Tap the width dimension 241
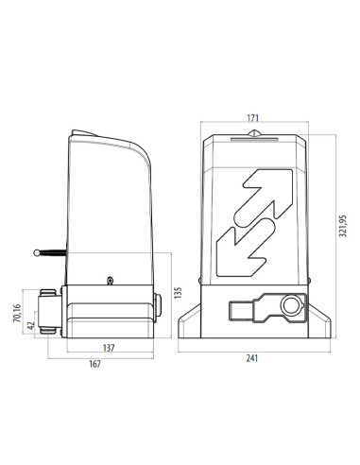[252, 357]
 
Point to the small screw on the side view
[111, 280]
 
